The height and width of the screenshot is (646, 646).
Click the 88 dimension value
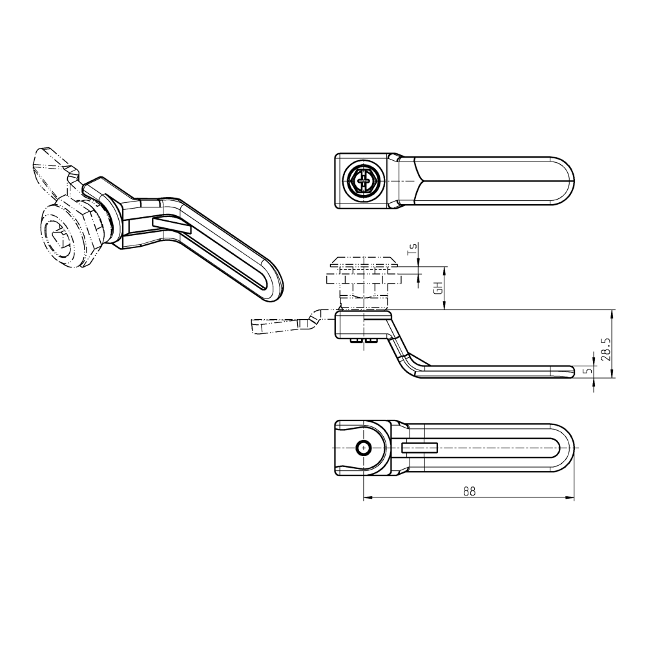tap(469, 491)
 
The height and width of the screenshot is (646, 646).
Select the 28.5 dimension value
tap(604, 349)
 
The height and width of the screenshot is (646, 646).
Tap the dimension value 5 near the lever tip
tap(587, 371)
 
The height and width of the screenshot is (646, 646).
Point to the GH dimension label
tap(437, 288)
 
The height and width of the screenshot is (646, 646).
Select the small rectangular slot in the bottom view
tap(420, 448)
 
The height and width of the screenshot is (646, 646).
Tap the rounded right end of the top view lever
tap(565, 181)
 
